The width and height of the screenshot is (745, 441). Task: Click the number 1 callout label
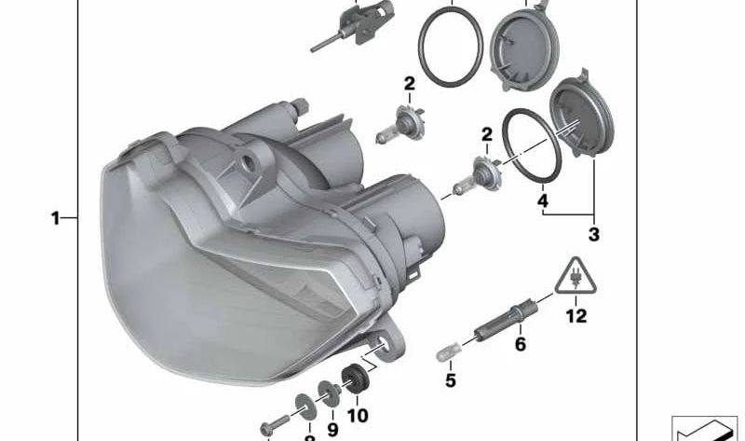pos(55,218)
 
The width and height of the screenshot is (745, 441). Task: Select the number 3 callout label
pos(593,234)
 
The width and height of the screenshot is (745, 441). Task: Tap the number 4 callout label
pos(542,200)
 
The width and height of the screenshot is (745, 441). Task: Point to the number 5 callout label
pos(450,380)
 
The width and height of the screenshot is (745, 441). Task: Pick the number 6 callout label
pos(521,345)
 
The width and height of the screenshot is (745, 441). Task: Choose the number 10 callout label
pos(358,416)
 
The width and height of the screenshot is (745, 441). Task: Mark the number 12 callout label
pos(576,316)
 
